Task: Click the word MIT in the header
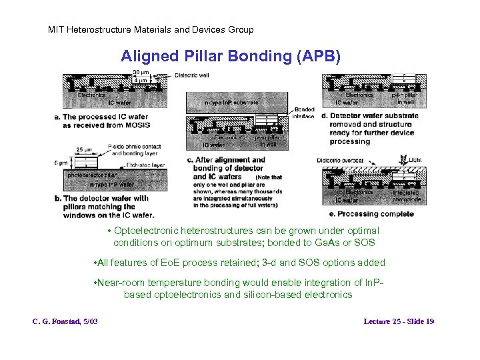click(x=57, y=29)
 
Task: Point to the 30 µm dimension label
click(x=141, y=72)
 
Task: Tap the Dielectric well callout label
click(x=192, y=75)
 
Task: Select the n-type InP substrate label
click(x=231, y=103)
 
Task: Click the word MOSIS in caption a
click(x=136, y=125)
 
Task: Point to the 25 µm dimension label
click(x=84, y=149)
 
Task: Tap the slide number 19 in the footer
click(x=429, y=321)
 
